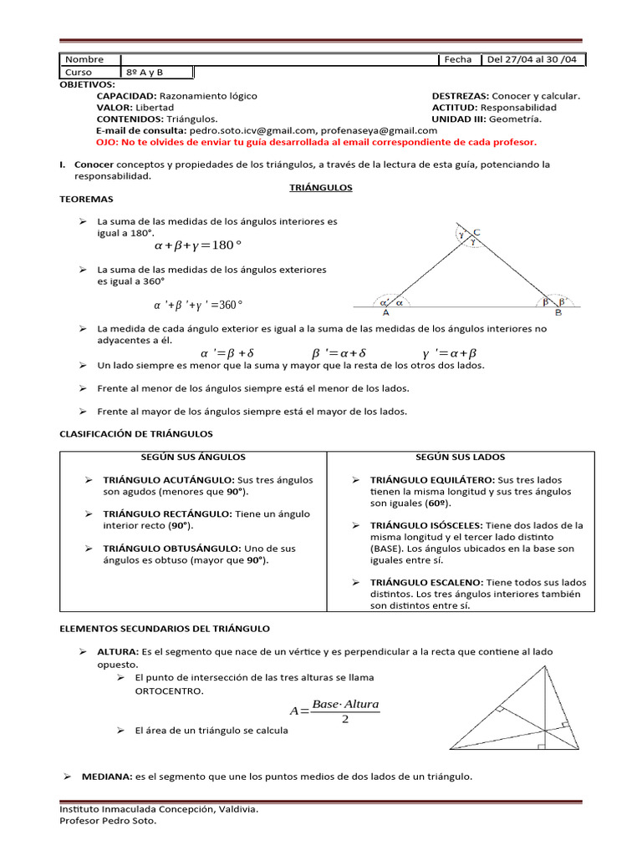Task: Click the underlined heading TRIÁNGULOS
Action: [x=321, y=188]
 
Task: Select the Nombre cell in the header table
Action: [x=84, y=59]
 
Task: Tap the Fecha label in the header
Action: [x=458, y=59]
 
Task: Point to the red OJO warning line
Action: [x=317, y=142]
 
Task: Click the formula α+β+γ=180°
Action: [x=197, y=245]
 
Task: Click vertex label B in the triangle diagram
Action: [x=558, y=313]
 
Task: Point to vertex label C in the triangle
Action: [x=476, y=232]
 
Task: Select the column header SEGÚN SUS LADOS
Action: [x=460, y=458]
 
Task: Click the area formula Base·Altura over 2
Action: [x=334, y=711]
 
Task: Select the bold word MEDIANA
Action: [x=106, y=777]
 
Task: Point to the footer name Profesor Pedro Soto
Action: [x=108, y=821]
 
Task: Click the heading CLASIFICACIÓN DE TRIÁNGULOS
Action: [x=136, y=434]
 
